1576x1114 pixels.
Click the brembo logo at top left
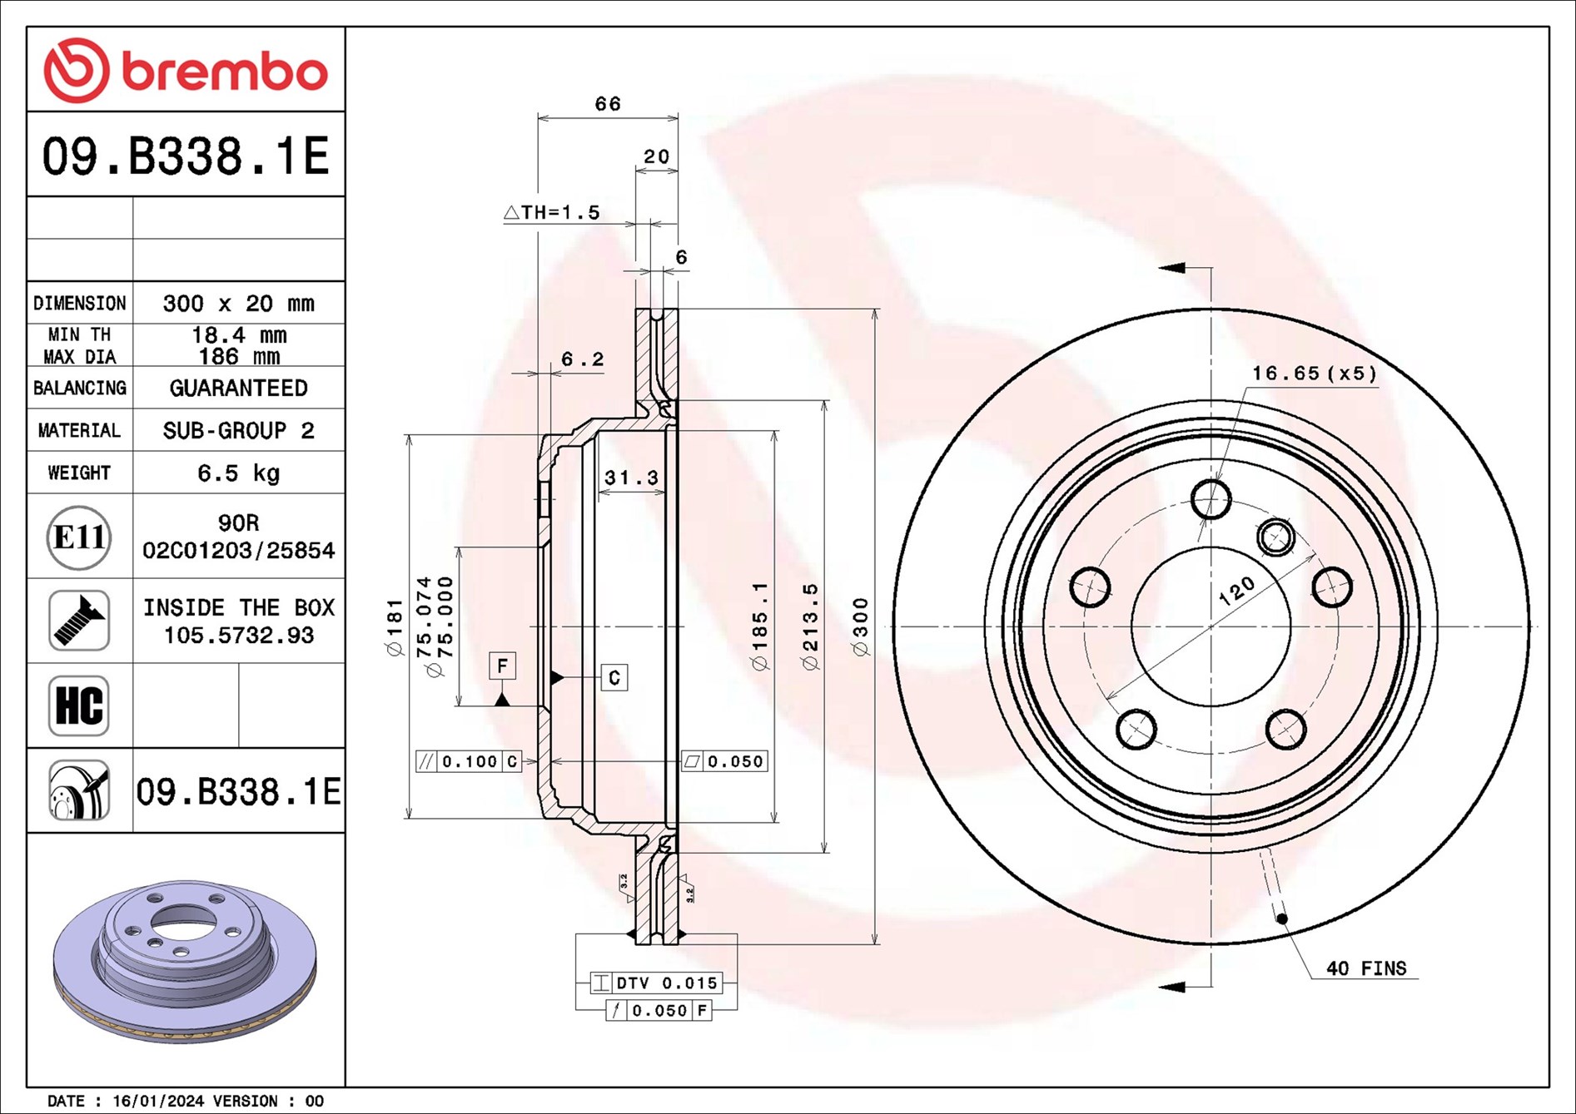click(x=185, y=71)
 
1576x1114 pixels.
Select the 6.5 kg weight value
click(x=238, y=473)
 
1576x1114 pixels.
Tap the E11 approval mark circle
click(x=79, y=537)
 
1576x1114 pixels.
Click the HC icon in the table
click(x=79, y=706)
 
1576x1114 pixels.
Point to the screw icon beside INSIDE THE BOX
click(x=79, y=621)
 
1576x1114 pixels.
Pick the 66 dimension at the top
click(x=608, y=104)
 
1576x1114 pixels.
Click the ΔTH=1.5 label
click(x=552, y=213)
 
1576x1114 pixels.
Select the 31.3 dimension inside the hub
click(x=631, y=478)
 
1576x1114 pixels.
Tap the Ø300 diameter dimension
click(x=861, y=626)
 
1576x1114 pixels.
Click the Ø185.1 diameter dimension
click(x=760, y=626)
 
